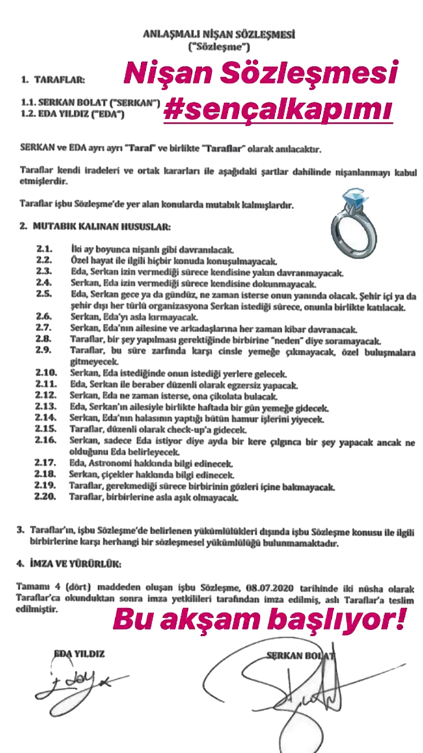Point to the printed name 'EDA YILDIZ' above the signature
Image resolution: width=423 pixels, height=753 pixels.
coord(79,652)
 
